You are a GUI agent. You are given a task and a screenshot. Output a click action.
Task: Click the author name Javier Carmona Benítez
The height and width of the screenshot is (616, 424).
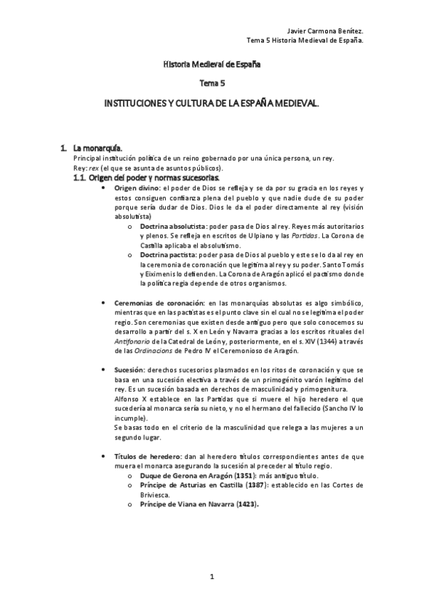(x=324, y=31)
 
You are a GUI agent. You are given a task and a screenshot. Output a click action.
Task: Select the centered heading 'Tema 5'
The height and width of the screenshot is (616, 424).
(x=212, y=84)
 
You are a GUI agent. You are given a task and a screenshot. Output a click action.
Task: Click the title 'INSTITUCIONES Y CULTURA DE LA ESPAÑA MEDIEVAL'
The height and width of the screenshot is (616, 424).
(x=212, y=105)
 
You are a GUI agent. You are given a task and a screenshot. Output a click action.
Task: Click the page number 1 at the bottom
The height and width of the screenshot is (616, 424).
(x=212, y=577)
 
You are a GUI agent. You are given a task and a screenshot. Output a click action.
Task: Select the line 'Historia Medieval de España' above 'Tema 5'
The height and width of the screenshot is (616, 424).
(x=212, y=64)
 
